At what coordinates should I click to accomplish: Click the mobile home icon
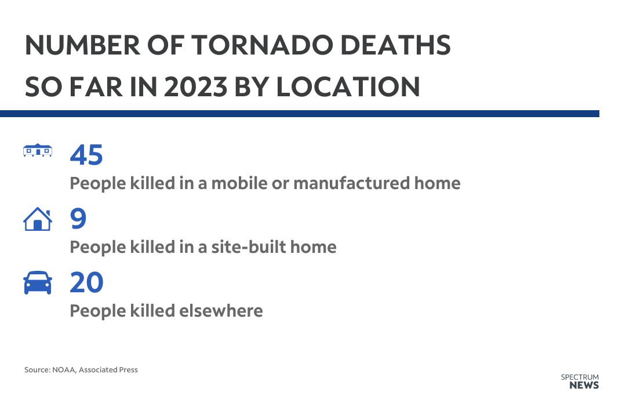coord(38,150)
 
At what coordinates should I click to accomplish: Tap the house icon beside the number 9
coord(38,219)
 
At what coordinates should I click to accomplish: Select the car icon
coord(38,282)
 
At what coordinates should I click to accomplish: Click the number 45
coord(86,155)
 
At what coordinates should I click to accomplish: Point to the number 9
coord(78,219)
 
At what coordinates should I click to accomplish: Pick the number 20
coord(86,282)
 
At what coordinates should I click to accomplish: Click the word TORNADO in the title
coord(263,45)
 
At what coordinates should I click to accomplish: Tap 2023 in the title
coord(195,86)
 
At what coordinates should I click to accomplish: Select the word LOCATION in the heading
coord(348,86)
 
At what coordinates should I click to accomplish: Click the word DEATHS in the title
coord(395,45)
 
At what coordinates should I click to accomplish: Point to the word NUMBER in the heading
coord(82,45)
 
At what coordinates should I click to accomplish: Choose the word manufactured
coord(351,183)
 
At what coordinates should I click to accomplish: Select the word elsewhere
coord(221,311)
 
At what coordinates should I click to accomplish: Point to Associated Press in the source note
coord(108,370)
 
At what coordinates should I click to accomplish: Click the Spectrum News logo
coord(580,382)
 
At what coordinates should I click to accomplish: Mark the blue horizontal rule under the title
coord(300,114)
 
